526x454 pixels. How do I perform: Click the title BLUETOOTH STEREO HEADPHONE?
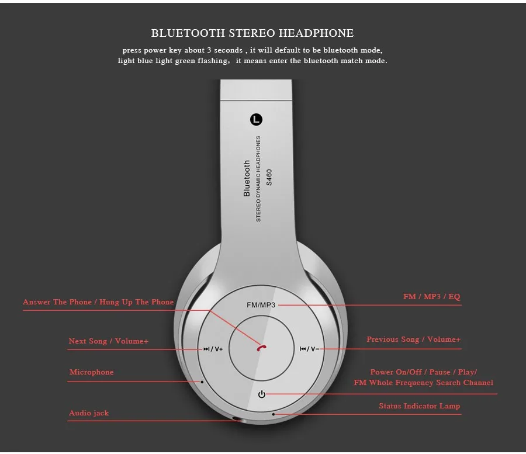pyautogui.click(x=252, y=33)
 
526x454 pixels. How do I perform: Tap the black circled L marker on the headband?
pyautogui.click(x=257, y=120)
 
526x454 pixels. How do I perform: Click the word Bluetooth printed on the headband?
pyautogui.click(x=247, y=178)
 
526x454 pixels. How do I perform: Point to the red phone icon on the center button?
pyautogui.click(x=261, y=348)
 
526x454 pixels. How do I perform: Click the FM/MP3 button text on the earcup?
pyautogui.click(x=261, y=305)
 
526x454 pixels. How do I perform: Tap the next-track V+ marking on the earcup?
pyautogui.click(x=213, y=349)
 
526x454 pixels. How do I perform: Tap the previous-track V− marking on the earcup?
pyautogui.click(x=309, y=349)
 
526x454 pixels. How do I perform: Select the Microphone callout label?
pyautogui.click(x=92, y=372)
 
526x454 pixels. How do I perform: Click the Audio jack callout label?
pyautogui.click(x=89, y=413)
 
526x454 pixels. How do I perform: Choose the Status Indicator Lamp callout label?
pyautogui.click(x=419, y=406)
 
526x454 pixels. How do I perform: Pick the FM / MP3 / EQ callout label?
pyautogui.click(x=431, y=297)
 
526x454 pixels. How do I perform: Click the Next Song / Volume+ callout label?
pyautogui.click(x=109, y=341)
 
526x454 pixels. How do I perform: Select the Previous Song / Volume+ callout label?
pyautogui.click(x=413, y=339)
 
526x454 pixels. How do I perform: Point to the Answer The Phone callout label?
pyautogui.click(x=98, y=302)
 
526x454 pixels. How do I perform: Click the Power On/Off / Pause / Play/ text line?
pyautogui.click(x=423, y=372)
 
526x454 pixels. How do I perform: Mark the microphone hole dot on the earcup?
pyautogui.click(x=202, y=382)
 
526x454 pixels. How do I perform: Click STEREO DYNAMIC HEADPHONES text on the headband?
pyautogui.click(x=258, y=178)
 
